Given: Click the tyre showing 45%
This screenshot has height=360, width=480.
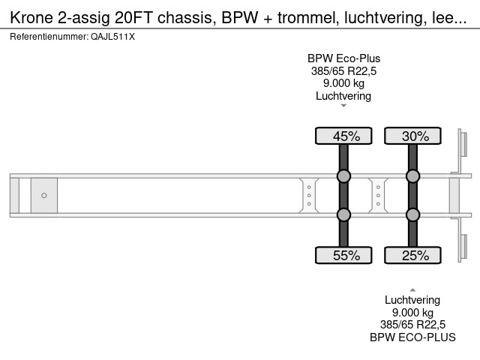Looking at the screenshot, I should point(343,136).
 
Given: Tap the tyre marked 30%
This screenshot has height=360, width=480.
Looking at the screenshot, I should point(412,136).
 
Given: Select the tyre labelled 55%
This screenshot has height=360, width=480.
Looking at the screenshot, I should point(343,256).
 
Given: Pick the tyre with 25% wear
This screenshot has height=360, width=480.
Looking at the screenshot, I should point(412,256).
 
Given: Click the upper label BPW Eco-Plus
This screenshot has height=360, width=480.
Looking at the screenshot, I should point(343,59).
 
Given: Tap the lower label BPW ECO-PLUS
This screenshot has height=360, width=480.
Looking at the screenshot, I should point(412,337).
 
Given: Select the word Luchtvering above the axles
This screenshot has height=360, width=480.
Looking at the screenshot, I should point(343,96).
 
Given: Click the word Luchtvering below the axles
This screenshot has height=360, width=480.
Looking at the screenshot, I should point(412,300).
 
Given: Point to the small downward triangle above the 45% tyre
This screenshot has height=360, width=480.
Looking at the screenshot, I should point(343,106).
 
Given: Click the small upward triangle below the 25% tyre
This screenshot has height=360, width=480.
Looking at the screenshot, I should point(412,289).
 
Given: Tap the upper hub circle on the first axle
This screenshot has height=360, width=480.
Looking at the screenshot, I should point(343,177).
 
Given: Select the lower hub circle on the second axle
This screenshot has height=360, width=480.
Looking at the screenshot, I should point(412,215).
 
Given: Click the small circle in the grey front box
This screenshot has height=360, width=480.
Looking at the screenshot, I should point(44,196).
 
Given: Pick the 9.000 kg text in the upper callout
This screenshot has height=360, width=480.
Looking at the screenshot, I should point(343,84).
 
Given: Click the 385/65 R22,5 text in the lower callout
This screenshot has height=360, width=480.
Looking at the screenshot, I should point(412,325).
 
